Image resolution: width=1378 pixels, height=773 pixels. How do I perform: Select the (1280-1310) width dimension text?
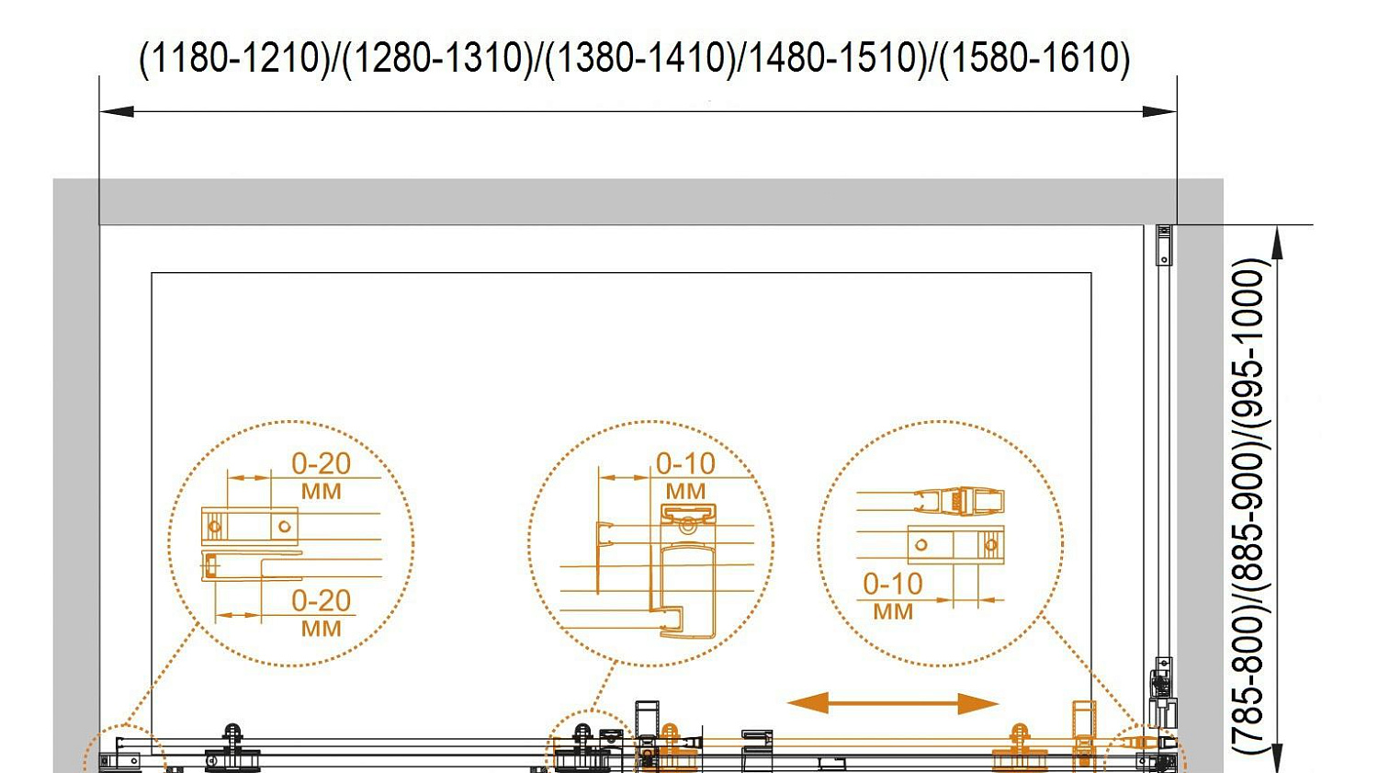(x=437, y=59)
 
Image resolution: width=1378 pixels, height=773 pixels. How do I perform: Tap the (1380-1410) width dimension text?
(x=640, y=59)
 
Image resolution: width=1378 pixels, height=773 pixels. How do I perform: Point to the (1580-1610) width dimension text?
(x=1035, y=59)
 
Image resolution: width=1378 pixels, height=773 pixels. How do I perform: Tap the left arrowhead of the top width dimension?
(x=117, y=111)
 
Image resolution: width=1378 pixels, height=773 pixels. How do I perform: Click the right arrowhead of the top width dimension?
(x=1159, y=111)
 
